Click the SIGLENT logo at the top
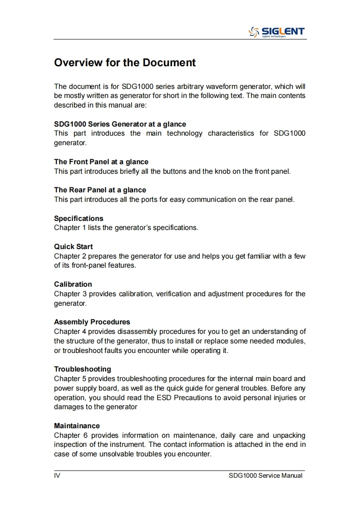coord(276,32)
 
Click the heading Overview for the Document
coord(125,63)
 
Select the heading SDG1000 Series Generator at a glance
coord(120,124)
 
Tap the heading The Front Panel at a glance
coord(101,162)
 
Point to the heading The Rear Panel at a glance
coord(100,190)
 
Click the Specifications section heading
coord(79,218)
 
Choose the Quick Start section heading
coord(74,246)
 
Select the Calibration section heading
coord(73,284)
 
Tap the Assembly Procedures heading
coord(92,322)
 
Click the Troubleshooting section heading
coord(83,369)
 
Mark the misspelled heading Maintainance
coord(77,426)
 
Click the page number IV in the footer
coord(57,475)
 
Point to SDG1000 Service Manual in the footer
coord(266,475)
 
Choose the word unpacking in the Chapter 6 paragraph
coord(289,435)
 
